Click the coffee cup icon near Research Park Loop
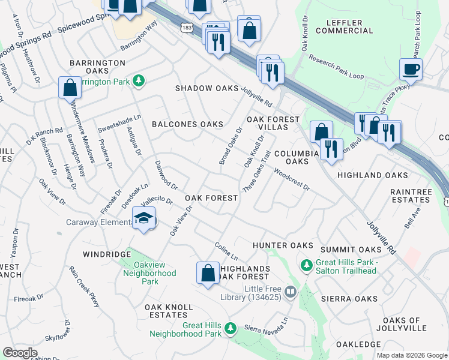[x=411, y=69]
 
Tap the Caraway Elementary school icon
[x=143, y=218]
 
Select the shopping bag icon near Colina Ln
[x=208, y=272]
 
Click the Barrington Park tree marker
[x=139, y=80]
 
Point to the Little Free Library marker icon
[x=291, y=292]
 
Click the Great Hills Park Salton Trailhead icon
[x=306, y=265]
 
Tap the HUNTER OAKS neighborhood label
[x=283, y=245]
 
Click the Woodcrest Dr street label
[x=291, y=179]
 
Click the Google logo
[x=20, y=353]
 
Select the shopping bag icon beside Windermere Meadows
[x=70, y=88]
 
